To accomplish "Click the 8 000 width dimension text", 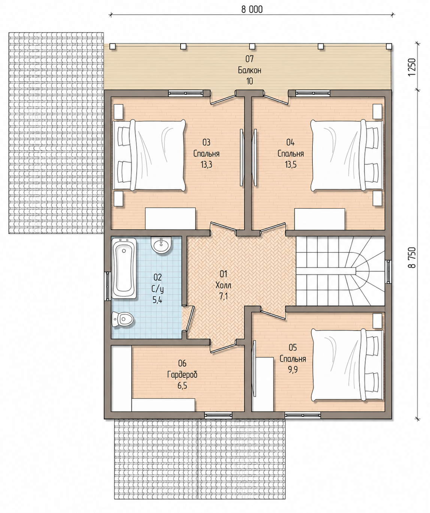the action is click(252, 10).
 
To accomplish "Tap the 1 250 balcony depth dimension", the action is click(412, 67).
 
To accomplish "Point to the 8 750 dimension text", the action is click(412, 257).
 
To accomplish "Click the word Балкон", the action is click(249, 70).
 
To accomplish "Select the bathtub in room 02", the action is click(124, 268).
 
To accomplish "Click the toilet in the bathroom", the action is click(122, 319).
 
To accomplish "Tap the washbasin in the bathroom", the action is click(161, 245).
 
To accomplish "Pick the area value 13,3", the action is click(206, 164).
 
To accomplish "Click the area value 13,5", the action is click(291, 164).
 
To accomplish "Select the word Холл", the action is click(223, 285).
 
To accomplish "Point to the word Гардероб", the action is click(182, 375).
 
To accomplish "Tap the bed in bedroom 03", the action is click(149, 155).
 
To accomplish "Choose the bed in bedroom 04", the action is click(347, 155).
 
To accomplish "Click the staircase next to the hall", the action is click(340, 271).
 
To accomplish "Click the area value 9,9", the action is click(293, 370).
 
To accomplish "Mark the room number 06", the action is click(182, 363).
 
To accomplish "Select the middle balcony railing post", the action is click(252, 46).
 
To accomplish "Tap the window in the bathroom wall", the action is click(107, 286).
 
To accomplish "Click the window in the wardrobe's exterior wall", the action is click(218, 415).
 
